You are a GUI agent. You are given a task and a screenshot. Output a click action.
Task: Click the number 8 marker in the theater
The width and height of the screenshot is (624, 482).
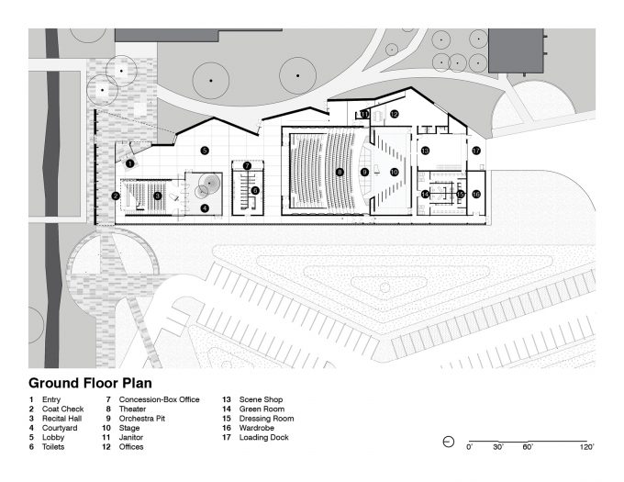click(340, 172)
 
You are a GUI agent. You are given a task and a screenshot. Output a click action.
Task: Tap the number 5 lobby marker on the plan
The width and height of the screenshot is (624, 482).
click(205, 151)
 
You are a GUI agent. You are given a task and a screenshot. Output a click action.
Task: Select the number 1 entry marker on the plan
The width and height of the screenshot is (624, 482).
click(129, 163)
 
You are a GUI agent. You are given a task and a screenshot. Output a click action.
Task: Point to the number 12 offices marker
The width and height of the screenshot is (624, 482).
click(394, 114)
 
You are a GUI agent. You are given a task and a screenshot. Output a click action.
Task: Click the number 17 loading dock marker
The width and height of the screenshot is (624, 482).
click(476, 151)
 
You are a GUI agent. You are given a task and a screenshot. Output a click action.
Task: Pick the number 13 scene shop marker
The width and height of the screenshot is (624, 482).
click(425, 151)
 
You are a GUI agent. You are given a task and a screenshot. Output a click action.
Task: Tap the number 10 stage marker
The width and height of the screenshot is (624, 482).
click(394, 172)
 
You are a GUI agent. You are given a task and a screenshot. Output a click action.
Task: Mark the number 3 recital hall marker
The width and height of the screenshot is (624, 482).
click(158, 196)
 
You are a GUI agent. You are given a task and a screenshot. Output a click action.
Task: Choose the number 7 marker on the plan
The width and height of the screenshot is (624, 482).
click(247, 165)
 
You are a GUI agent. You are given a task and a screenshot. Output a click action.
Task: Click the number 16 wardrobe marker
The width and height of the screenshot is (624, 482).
click(476, 195)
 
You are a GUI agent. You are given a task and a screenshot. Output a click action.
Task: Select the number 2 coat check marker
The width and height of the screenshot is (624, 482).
click(116, 196)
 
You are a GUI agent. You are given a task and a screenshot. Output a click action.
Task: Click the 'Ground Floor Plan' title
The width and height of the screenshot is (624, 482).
click(90, 383)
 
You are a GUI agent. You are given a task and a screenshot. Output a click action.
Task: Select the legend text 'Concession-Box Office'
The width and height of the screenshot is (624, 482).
click(159, 399)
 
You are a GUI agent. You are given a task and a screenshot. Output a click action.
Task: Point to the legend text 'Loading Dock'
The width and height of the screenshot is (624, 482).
click(264, 437)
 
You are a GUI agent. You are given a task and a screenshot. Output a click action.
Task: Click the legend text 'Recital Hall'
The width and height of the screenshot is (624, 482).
click(61, 419)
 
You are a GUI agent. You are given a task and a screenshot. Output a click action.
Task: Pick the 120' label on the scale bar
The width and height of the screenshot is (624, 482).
click(586, 447)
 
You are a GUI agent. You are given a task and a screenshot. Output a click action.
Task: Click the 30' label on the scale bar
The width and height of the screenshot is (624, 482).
click(498, 447)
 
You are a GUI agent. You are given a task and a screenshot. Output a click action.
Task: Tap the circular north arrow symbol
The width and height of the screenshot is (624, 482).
click(449, 442)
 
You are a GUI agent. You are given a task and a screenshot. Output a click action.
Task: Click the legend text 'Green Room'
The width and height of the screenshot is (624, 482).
click(262, 409)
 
